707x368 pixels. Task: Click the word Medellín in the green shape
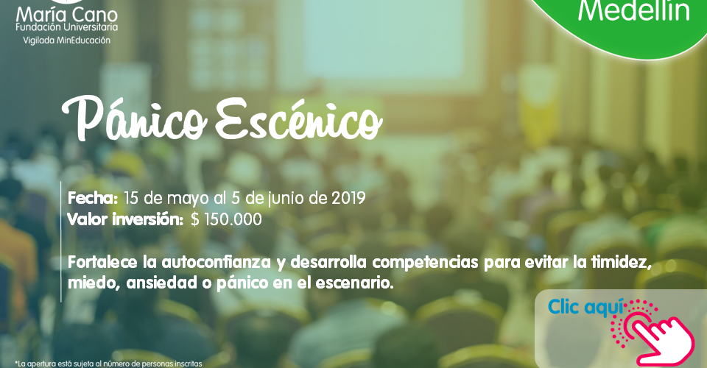(x=634, y=11)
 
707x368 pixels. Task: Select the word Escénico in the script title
(x=298, y=119)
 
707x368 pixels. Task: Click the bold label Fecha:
(x=93, y=198)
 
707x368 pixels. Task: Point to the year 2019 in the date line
(x=348, y=198)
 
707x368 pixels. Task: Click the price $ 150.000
(x=226, y=219)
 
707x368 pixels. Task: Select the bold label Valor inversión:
(x=125, y=219)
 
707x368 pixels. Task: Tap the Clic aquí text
(x=585, y=307)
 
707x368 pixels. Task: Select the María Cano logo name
(x=67, y=15)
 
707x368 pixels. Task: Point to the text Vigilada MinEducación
(x=67, y=40)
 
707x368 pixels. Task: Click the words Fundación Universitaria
(x=67, y=27)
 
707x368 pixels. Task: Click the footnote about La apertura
(x=108, y=364)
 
